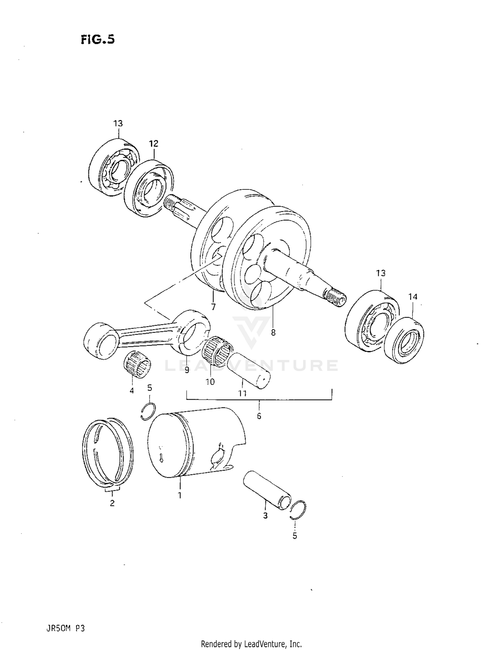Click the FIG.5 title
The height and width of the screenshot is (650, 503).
pos(98,40)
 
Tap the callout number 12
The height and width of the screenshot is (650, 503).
pos(153,144)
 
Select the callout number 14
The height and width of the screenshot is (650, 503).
pos(413,297)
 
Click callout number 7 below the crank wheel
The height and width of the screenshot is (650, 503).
pos(213,306)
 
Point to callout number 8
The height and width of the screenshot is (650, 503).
pos(273,333)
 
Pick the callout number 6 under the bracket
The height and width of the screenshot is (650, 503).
pos(259,416)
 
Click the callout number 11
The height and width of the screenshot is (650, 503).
pos(242,393)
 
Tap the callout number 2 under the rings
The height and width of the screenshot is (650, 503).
pos(112,503)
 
